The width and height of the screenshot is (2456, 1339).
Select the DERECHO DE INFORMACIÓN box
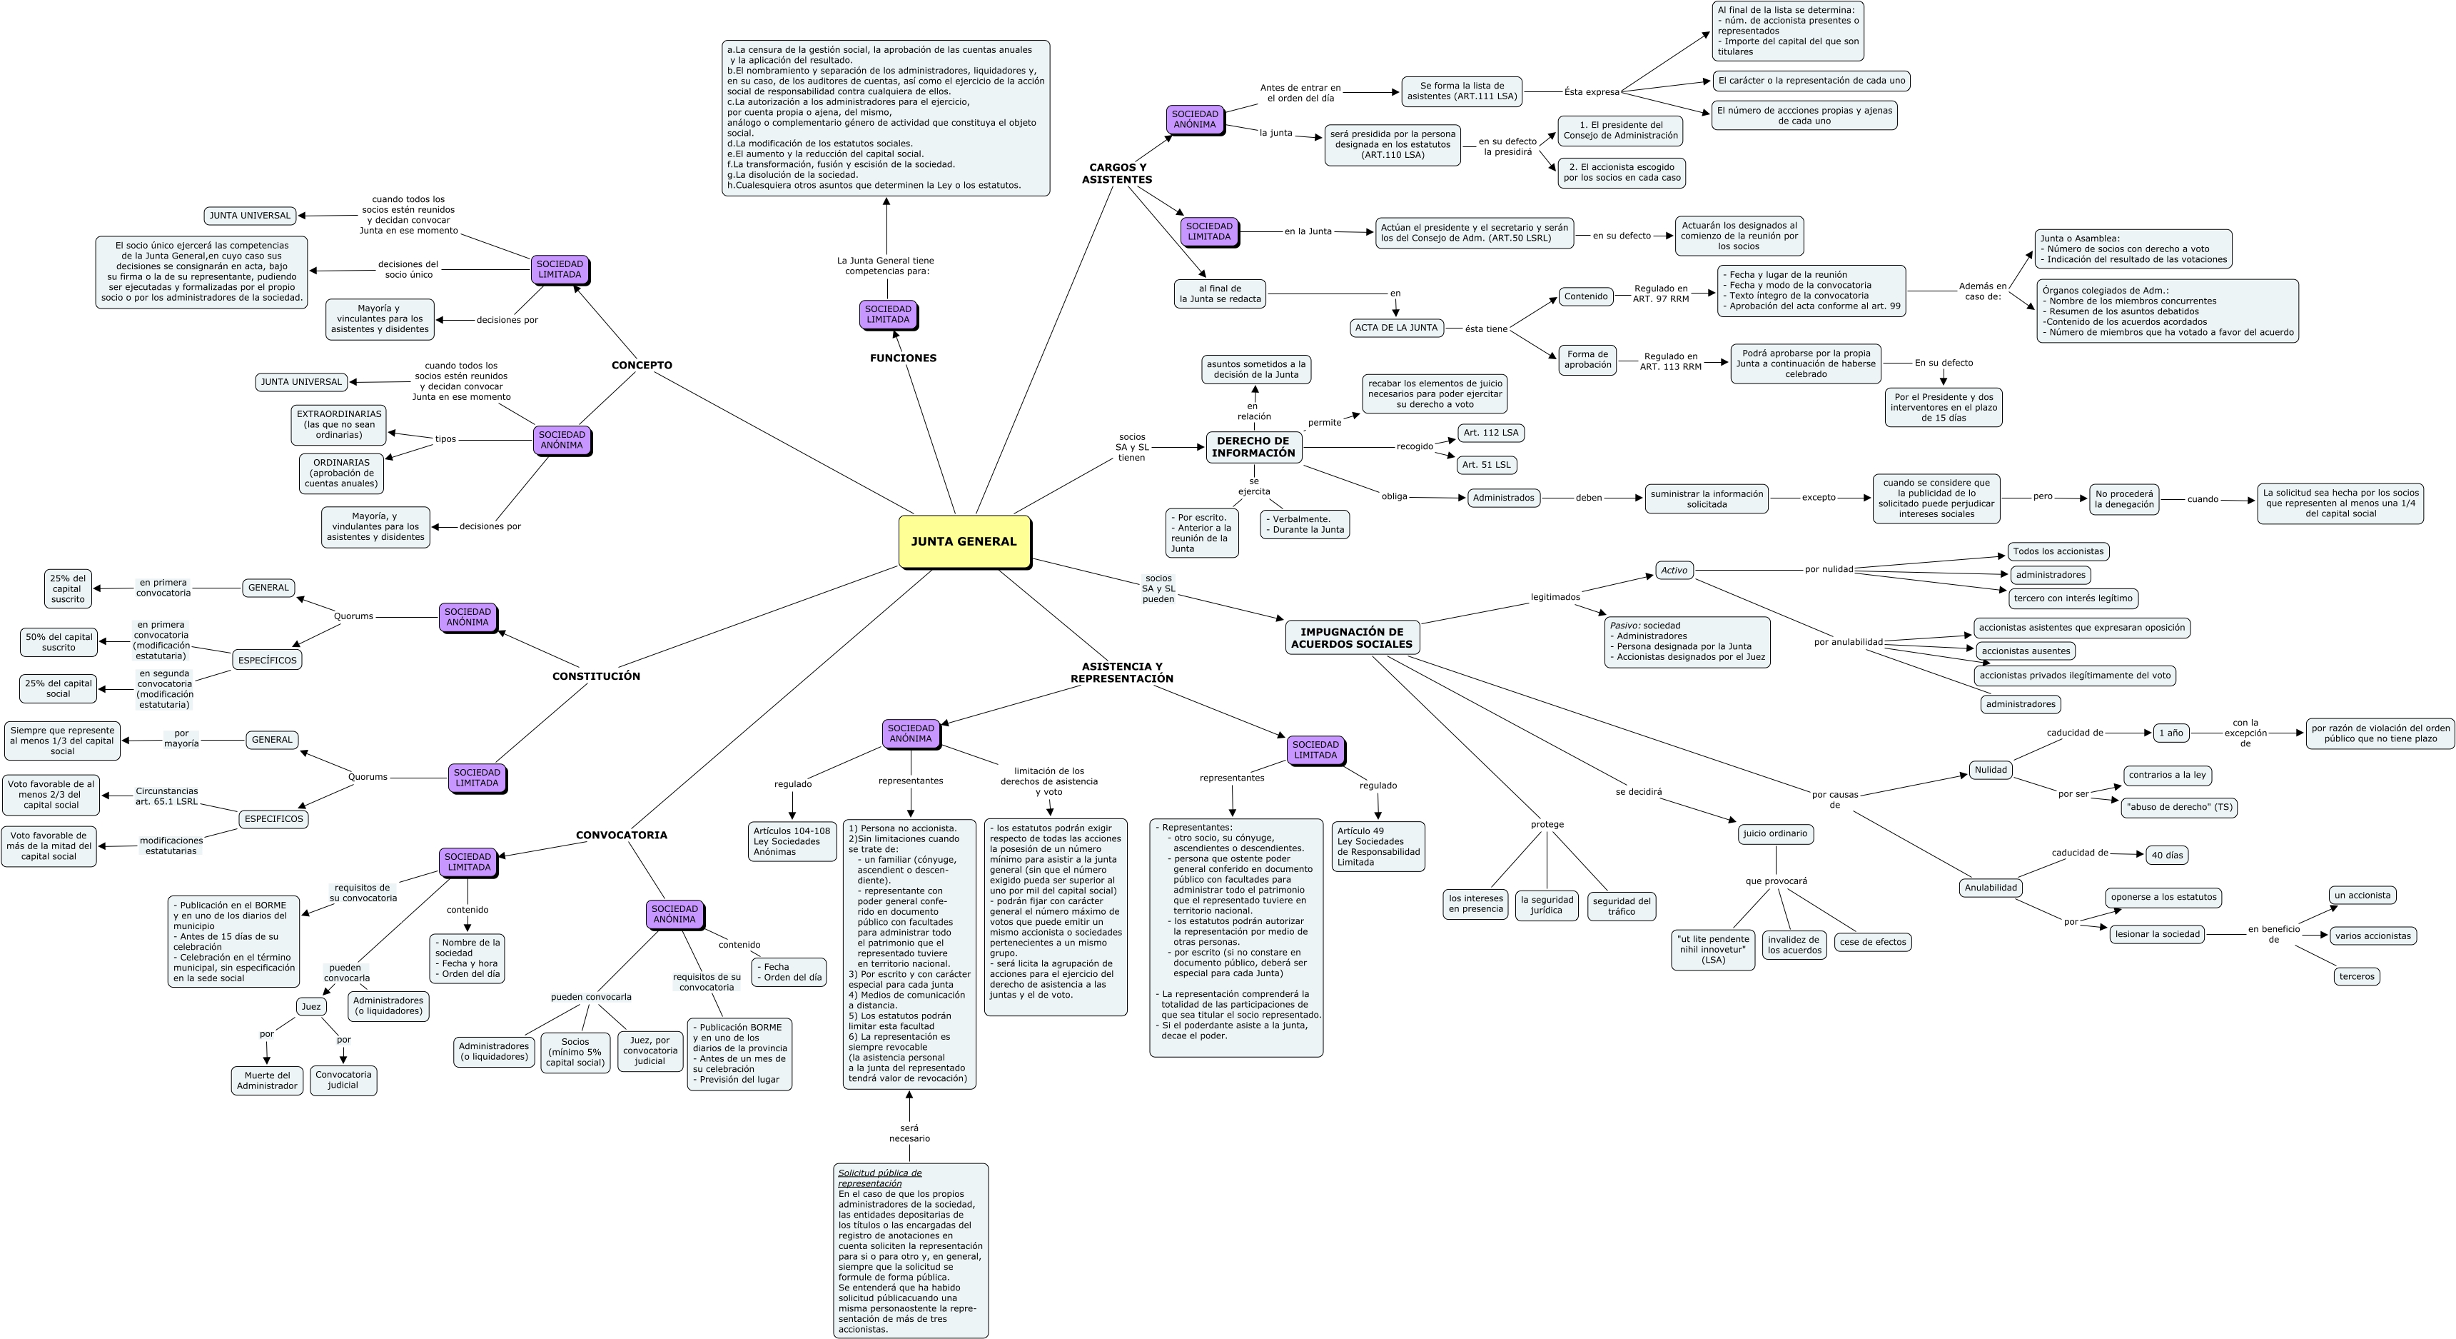point(1254,447)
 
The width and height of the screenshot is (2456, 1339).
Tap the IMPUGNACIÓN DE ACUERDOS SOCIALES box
point(1351,638)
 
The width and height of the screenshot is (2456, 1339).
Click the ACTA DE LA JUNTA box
point(1396,328)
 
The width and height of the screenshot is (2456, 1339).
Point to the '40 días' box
point(2166,856)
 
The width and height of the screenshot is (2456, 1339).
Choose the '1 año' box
point(2171,733)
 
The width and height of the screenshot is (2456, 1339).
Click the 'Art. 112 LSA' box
point(1491,433)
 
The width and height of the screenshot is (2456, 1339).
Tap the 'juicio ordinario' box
point(1774,833)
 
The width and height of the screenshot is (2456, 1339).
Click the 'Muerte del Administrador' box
point(267,1080)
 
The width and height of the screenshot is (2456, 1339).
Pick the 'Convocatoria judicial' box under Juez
point(343,1080)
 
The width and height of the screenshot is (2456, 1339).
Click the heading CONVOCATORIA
point(622,836)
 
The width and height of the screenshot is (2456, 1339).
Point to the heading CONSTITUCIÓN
point(596,676)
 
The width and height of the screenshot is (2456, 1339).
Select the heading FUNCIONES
point(903,358)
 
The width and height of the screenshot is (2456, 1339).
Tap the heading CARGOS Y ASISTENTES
point(1118,174)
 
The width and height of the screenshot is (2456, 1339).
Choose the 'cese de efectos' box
point(1872,942)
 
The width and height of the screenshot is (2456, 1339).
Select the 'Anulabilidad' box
point(1991,888)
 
